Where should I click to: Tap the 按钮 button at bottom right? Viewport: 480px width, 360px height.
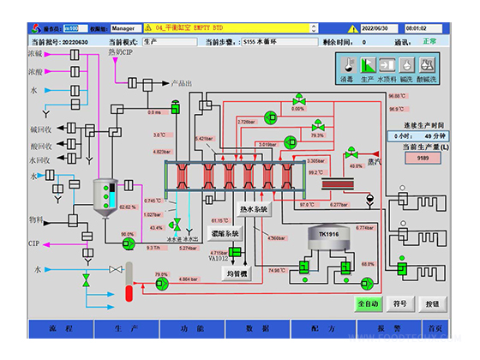point(432,304)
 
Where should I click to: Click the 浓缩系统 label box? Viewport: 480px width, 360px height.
point(225,232)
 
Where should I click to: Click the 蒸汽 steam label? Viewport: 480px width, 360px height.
point(373,159)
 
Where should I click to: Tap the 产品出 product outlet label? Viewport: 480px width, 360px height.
point(181,83)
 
